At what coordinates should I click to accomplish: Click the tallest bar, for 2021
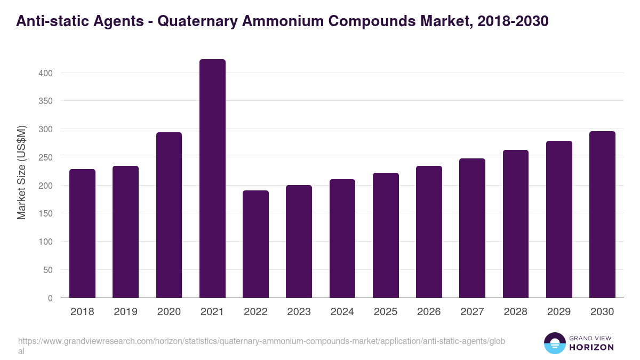pyautogui.click(x=212, y=179)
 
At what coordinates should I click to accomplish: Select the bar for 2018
pyautogui.click(x=82, y=234)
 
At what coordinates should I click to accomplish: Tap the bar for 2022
pyautogui.click(x=255, y=244)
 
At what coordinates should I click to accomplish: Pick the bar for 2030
pyautogui.click(x=602, y=214)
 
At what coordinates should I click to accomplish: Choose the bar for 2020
pyautogui.click(x=169, y=215)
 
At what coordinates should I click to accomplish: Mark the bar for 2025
pyautogui.click(x=386, y=235)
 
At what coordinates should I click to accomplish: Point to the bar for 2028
pyautogui.click(x=516, y=224)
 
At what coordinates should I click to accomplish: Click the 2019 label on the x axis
pyautogui.click(x=126, y=312)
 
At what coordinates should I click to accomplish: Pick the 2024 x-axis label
pyautogui.click(x=342, y=312)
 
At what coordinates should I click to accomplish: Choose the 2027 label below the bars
pyautogui.click(x=472, y=312)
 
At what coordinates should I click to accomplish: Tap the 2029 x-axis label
pyautogui.click(x=559, y=312)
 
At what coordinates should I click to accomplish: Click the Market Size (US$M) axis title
pyautogui.click(x=21, y=172)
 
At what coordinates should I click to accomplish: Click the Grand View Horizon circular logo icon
pyautogui.click(x=555, y=343)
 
